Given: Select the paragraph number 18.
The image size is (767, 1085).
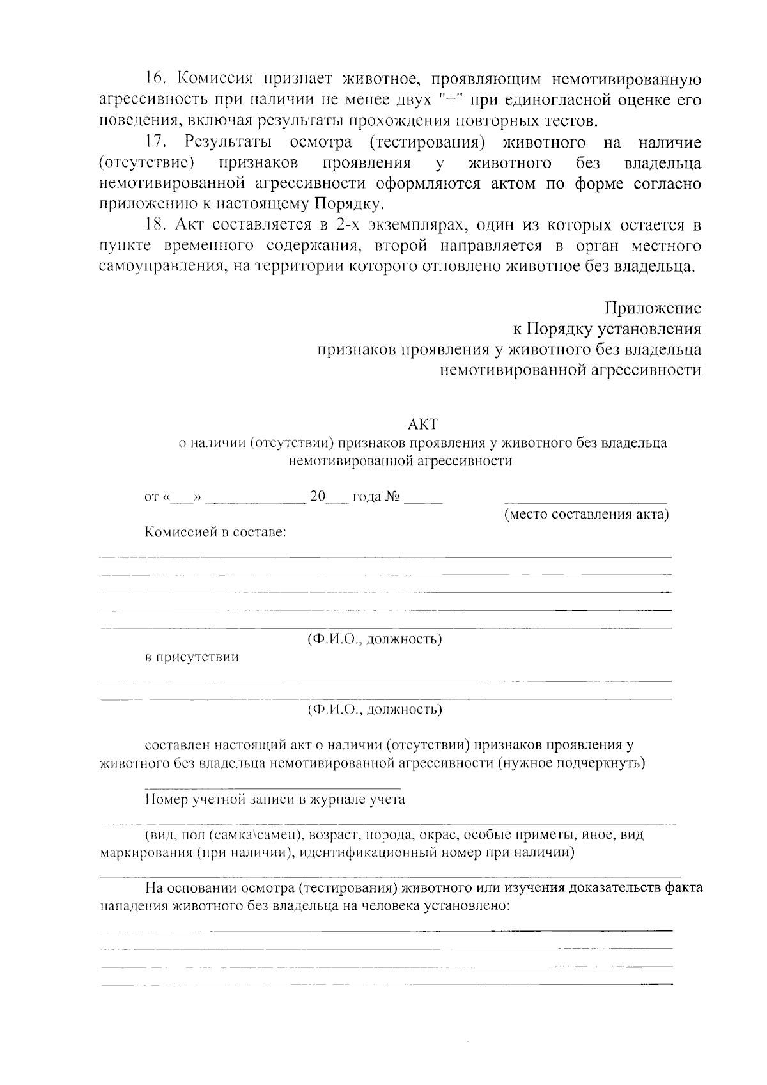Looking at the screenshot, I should (x=156, y=225).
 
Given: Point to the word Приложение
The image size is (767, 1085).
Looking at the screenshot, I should (x=653, y=308).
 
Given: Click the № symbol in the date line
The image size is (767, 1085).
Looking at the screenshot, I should (x=392, y=497).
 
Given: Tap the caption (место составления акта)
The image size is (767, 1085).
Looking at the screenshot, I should (x=586, y=515).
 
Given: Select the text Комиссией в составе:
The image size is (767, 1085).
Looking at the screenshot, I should (x=215, y=533).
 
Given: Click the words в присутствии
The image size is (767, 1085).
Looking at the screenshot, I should (x=192, y=657).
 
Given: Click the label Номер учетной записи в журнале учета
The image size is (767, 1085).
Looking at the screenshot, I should (x=275, y=799).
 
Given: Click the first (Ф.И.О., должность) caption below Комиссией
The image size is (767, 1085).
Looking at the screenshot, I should (x=375, y=639).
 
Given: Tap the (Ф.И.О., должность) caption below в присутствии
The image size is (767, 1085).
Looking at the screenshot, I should (x=375, y=710).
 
